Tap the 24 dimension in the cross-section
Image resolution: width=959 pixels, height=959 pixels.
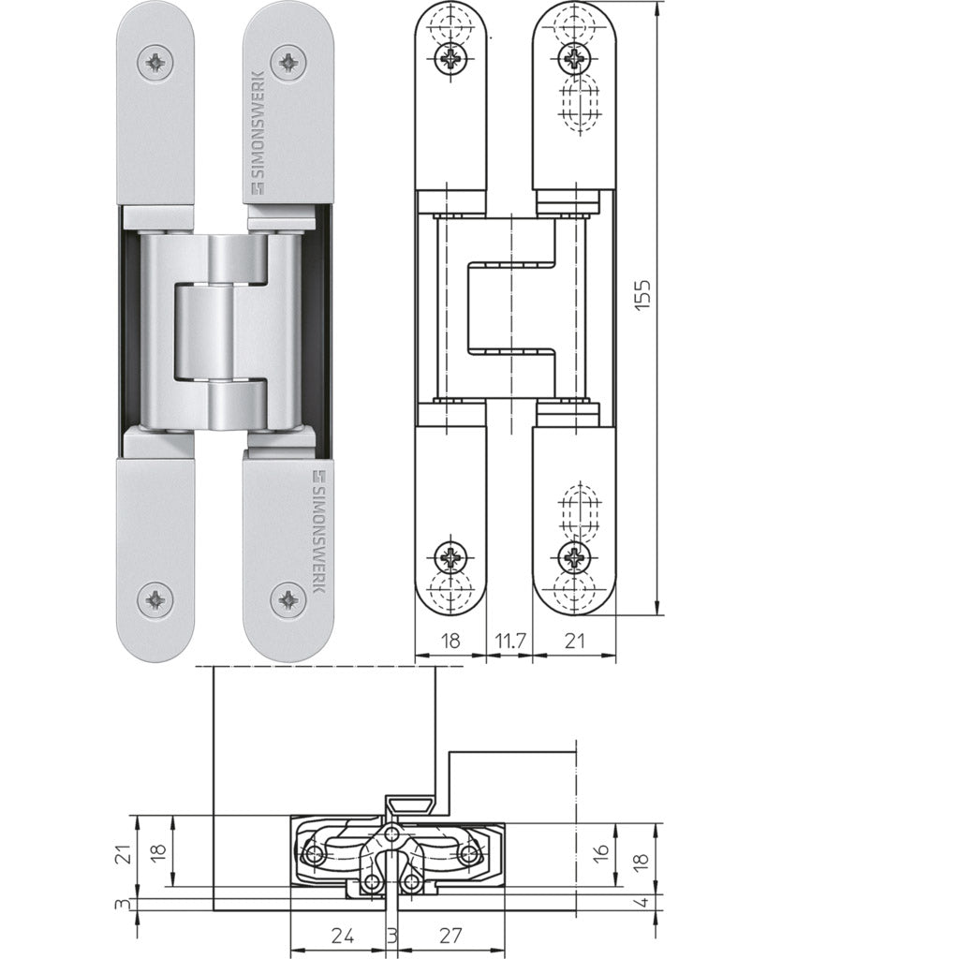[x=343, y=936]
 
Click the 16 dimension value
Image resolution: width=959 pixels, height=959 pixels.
[x=602, y=851]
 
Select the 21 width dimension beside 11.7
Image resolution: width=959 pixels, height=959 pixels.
[x=573, y=641]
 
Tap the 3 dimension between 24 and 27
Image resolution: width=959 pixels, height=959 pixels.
[x=391, y=936]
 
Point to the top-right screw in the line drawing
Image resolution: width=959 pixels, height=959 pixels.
[x=572, y=61]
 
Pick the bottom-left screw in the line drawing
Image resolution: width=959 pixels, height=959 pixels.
[x=451, y=557]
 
